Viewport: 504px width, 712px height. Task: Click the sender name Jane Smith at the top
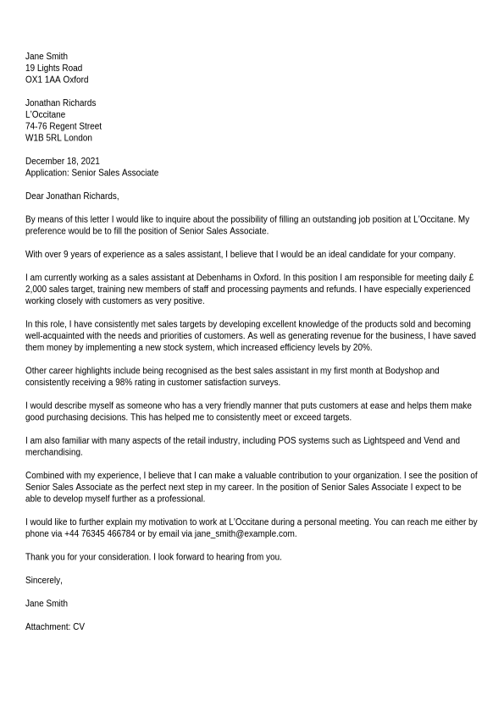coord(47,57)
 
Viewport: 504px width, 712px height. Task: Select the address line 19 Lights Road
coord(53,69)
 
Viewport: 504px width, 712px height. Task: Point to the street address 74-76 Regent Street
coord(64,126)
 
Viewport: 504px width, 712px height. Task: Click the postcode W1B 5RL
coord(43,138)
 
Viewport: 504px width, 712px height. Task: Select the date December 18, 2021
coord(63,161)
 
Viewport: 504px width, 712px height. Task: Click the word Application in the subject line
coord(46,173)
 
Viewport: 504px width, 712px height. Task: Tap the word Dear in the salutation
coord(35,196)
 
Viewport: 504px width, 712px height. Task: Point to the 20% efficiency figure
coord(363,348)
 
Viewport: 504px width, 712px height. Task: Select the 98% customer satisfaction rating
coord(124,383)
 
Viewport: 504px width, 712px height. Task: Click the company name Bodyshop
coord(402,371)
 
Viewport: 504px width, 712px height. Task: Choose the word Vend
coord(434,441)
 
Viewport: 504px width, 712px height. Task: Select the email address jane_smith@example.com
coord(245,534)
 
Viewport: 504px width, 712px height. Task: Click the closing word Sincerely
coord(43,581)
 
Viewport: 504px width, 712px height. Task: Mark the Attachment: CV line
coord(55,627)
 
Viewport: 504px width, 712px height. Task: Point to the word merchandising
coord(53,453)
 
